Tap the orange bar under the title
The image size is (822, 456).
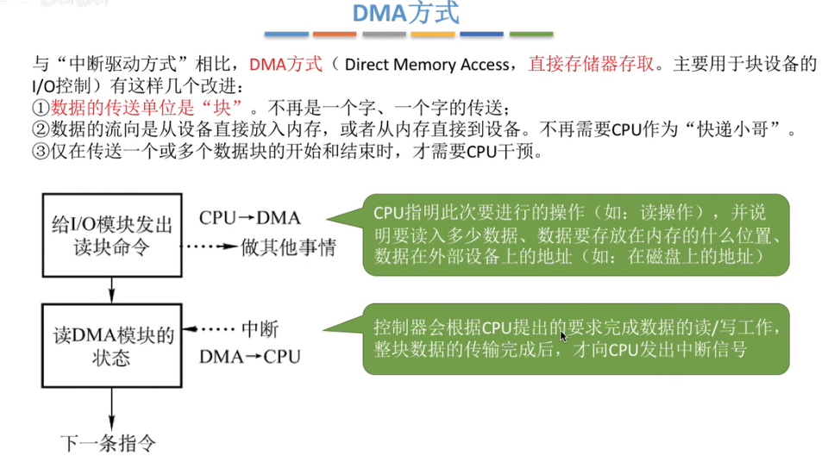click(335, 34)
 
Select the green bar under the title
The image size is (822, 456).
click(531, 34)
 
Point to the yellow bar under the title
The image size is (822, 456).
click(433, 34)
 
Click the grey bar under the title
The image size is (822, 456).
click(384, 34)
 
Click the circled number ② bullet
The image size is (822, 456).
click(41, 130)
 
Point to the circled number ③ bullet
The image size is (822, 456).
click(41, 152)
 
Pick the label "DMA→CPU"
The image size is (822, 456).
click(250, 355)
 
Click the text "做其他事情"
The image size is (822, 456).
click(286, 247)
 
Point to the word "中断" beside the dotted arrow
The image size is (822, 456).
click(259, 330)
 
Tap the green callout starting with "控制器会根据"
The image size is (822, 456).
click(576, 339)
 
